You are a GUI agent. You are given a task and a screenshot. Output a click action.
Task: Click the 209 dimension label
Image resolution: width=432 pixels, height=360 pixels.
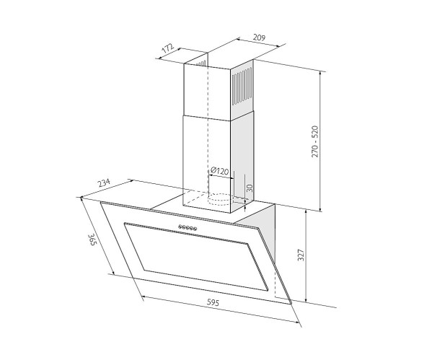point(259,38)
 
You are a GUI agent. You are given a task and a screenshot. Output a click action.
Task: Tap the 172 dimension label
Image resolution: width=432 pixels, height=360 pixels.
point(168,48)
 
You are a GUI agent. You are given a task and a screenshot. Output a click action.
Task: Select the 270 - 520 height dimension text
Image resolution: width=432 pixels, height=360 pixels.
point(314,141)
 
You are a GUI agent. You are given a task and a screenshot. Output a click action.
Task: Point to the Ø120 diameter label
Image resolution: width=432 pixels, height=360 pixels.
point(219,171)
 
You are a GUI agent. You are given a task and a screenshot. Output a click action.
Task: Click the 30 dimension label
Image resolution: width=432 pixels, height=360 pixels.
point(250,188)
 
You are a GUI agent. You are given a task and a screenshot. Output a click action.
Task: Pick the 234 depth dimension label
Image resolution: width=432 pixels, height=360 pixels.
point(104,183)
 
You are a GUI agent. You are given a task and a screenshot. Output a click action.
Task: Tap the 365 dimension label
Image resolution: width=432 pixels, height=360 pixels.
point(92,240)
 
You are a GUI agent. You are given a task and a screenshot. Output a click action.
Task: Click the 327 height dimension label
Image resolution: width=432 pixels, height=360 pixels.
point(301,255)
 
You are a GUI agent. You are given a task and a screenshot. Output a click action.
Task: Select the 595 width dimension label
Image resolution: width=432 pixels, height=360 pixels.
point(213,303)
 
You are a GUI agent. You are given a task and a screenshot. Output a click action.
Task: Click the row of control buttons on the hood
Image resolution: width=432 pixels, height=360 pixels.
point(188,227)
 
